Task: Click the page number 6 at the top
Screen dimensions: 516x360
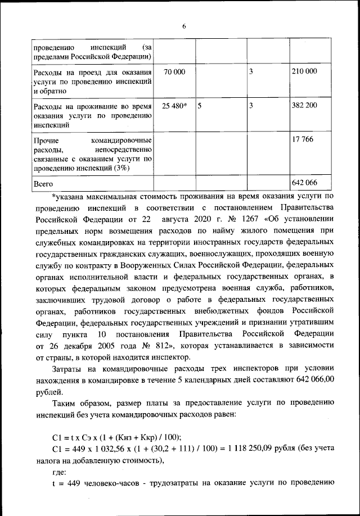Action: (x=183, y=25)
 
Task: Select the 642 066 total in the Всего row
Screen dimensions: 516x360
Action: (x=304, y=183)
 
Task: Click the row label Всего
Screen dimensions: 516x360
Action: (x=44, y=183)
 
